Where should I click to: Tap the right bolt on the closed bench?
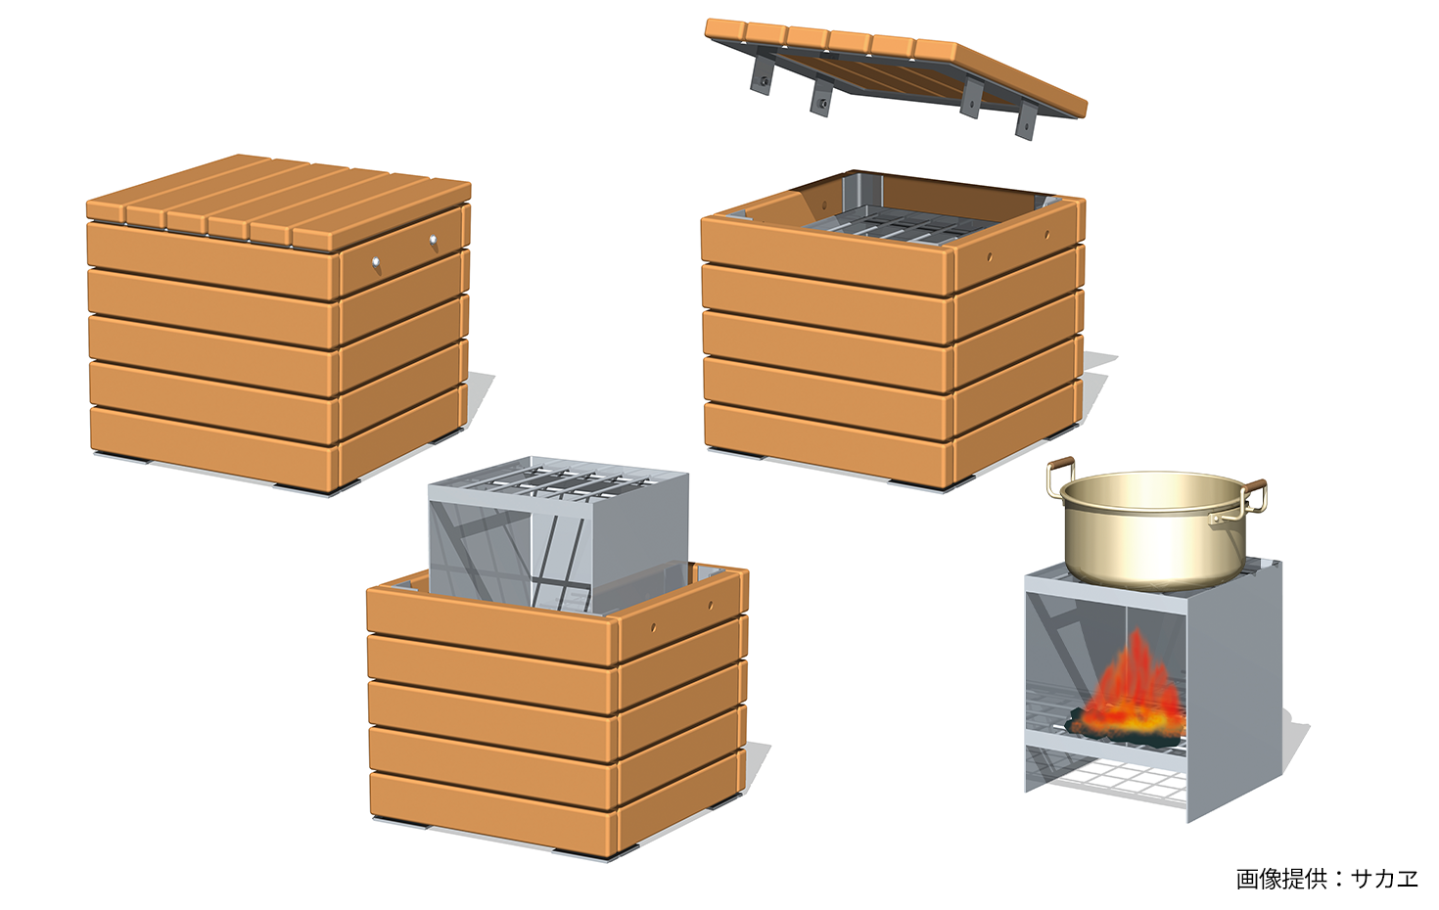(433, 240)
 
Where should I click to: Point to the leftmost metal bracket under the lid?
(762, 74)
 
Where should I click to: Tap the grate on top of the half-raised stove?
(559, 479)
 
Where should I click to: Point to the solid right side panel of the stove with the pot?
(1234, 691)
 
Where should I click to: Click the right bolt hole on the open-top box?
(1047, 235)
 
